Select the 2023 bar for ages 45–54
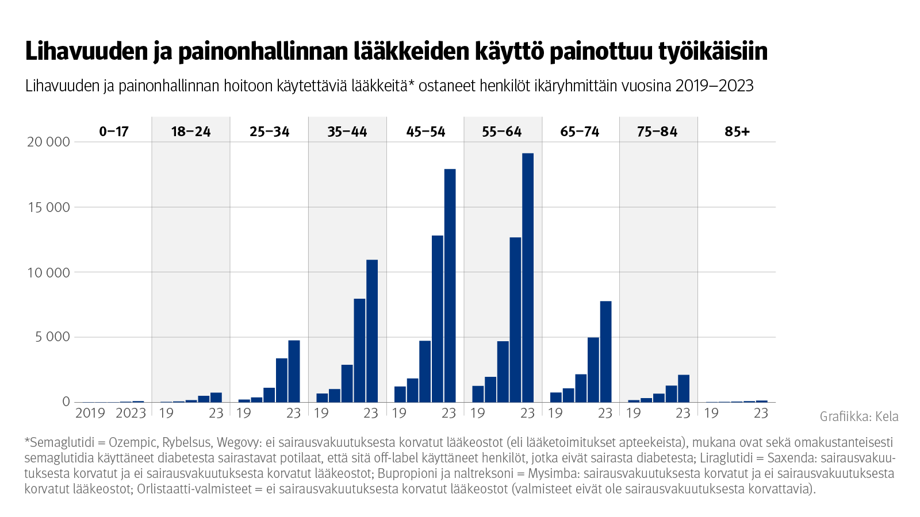point(450,285)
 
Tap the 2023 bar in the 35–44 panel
point(372,331)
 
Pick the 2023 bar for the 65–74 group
point(605,352)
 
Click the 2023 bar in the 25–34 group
point(294,371)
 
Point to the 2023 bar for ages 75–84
point(683,388)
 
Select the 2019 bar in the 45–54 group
point(400,394)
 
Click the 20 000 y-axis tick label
point(48,142)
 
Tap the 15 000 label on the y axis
point(48,207)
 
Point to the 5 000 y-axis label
point(52,337)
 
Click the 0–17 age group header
point(114,132)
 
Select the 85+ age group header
point(737,132)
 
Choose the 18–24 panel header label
point(191,132)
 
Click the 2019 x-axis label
point(90,413)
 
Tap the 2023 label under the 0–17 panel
point(131,413)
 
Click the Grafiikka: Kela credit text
point(859,416)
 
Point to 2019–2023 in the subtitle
point(714,86)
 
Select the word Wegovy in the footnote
point(237,443)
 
